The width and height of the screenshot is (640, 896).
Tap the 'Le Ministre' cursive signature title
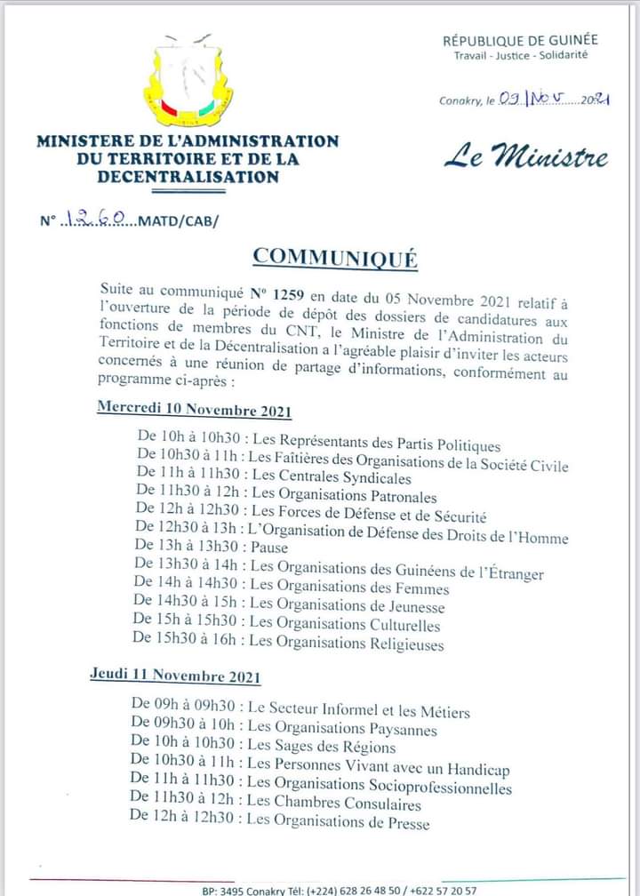click(x=526, y=158)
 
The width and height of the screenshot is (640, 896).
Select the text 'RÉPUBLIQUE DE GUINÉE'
click(x=520, y=39)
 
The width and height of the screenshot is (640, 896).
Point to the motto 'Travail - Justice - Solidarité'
click(x=520, y=55)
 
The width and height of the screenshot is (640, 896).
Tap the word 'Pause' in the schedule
click(x=269, y=548)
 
